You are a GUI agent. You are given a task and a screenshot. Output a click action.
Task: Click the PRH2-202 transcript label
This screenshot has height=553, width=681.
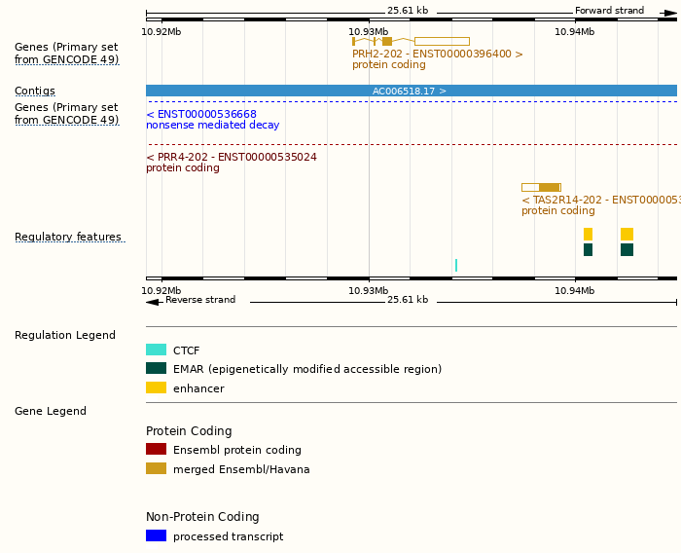point(438,54)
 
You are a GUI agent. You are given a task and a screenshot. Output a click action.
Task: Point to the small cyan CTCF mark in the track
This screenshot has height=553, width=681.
point(455,265)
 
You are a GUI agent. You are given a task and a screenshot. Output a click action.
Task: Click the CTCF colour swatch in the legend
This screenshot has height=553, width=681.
point(156,350)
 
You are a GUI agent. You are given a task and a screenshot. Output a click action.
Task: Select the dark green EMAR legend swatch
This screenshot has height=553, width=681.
point(156,368)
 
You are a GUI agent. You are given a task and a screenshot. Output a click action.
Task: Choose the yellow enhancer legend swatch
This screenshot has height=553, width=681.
point(156,387)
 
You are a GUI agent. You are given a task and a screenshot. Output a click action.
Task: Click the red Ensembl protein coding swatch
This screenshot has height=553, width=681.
point(156,449)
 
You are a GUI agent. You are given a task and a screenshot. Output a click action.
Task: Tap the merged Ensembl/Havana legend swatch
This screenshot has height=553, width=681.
point(156,468)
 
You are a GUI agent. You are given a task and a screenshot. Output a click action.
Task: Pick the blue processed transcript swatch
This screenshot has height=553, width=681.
point(156,535)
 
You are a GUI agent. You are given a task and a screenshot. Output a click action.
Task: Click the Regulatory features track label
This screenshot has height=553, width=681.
point(68,237)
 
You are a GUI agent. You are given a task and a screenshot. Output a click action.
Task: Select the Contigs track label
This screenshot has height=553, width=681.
point(35,91)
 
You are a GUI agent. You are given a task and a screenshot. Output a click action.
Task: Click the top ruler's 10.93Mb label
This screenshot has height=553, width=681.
point(368,31)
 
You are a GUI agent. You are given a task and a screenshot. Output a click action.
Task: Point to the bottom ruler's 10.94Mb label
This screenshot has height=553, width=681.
point(574,290)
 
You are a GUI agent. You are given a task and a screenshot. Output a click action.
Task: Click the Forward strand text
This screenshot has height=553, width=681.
point(609,11)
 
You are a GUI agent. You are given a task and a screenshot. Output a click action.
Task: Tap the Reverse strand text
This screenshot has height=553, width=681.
point(200,300)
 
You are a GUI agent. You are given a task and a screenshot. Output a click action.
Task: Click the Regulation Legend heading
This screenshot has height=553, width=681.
point(65,335)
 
